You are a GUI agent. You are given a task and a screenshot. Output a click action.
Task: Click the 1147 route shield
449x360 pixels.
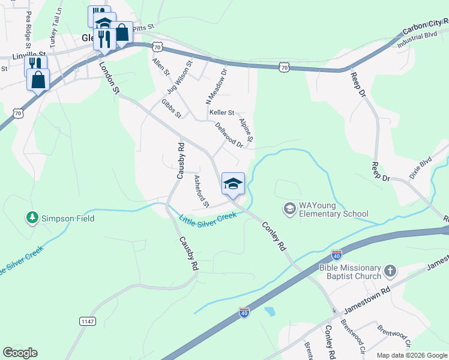(87, 322)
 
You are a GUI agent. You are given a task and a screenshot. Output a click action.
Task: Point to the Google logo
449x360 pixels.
(20, 353)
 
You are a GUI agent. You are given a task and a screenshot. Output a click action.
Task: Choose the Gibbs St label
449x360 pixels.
(171, 109)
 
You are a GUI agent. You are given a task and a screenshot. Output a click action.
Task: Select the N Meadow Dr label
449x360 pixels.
(216, 84)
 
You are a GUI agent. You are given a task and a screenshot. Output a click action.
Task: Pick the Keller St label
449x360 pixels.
(221, 112)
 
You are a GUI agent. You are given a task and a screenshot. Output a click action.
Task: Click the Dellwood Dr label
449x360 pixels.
(229, 135)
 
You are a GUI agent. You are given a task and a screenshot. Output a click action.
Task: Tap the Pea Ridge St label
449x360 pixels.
(28, 27)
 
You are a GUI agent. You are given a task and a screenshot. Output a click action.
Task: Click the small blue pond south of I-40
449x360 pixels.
(270, 311)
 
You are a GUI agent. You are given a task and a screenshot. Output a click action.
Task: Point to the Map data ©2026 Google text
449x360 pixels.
(411, 355)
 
